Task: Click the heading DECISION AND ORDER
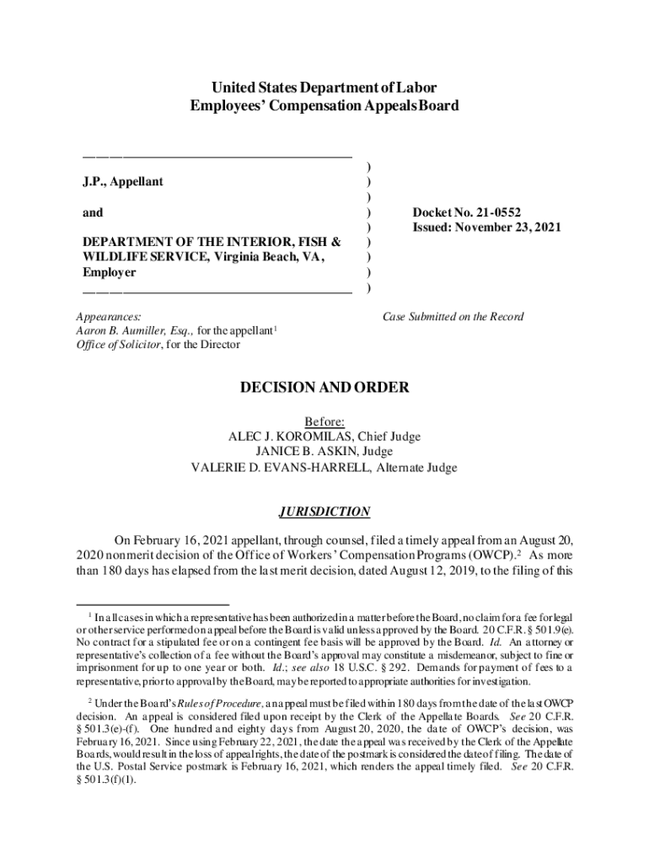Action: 324,388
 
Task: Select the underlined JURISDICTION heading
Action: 324,512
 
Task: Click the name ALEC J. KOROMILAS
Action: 292,437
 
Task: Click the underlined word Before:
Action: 324,421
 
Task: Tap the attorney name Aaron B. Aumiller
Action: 119,331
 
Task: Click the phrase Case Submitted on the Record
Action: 453,317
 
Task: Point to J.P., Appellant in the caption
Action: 122,181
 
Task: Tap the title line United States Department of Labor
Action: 324,88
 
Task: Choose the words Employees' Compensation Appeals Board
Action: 324,106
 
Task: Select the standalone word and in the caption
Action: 93,212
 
